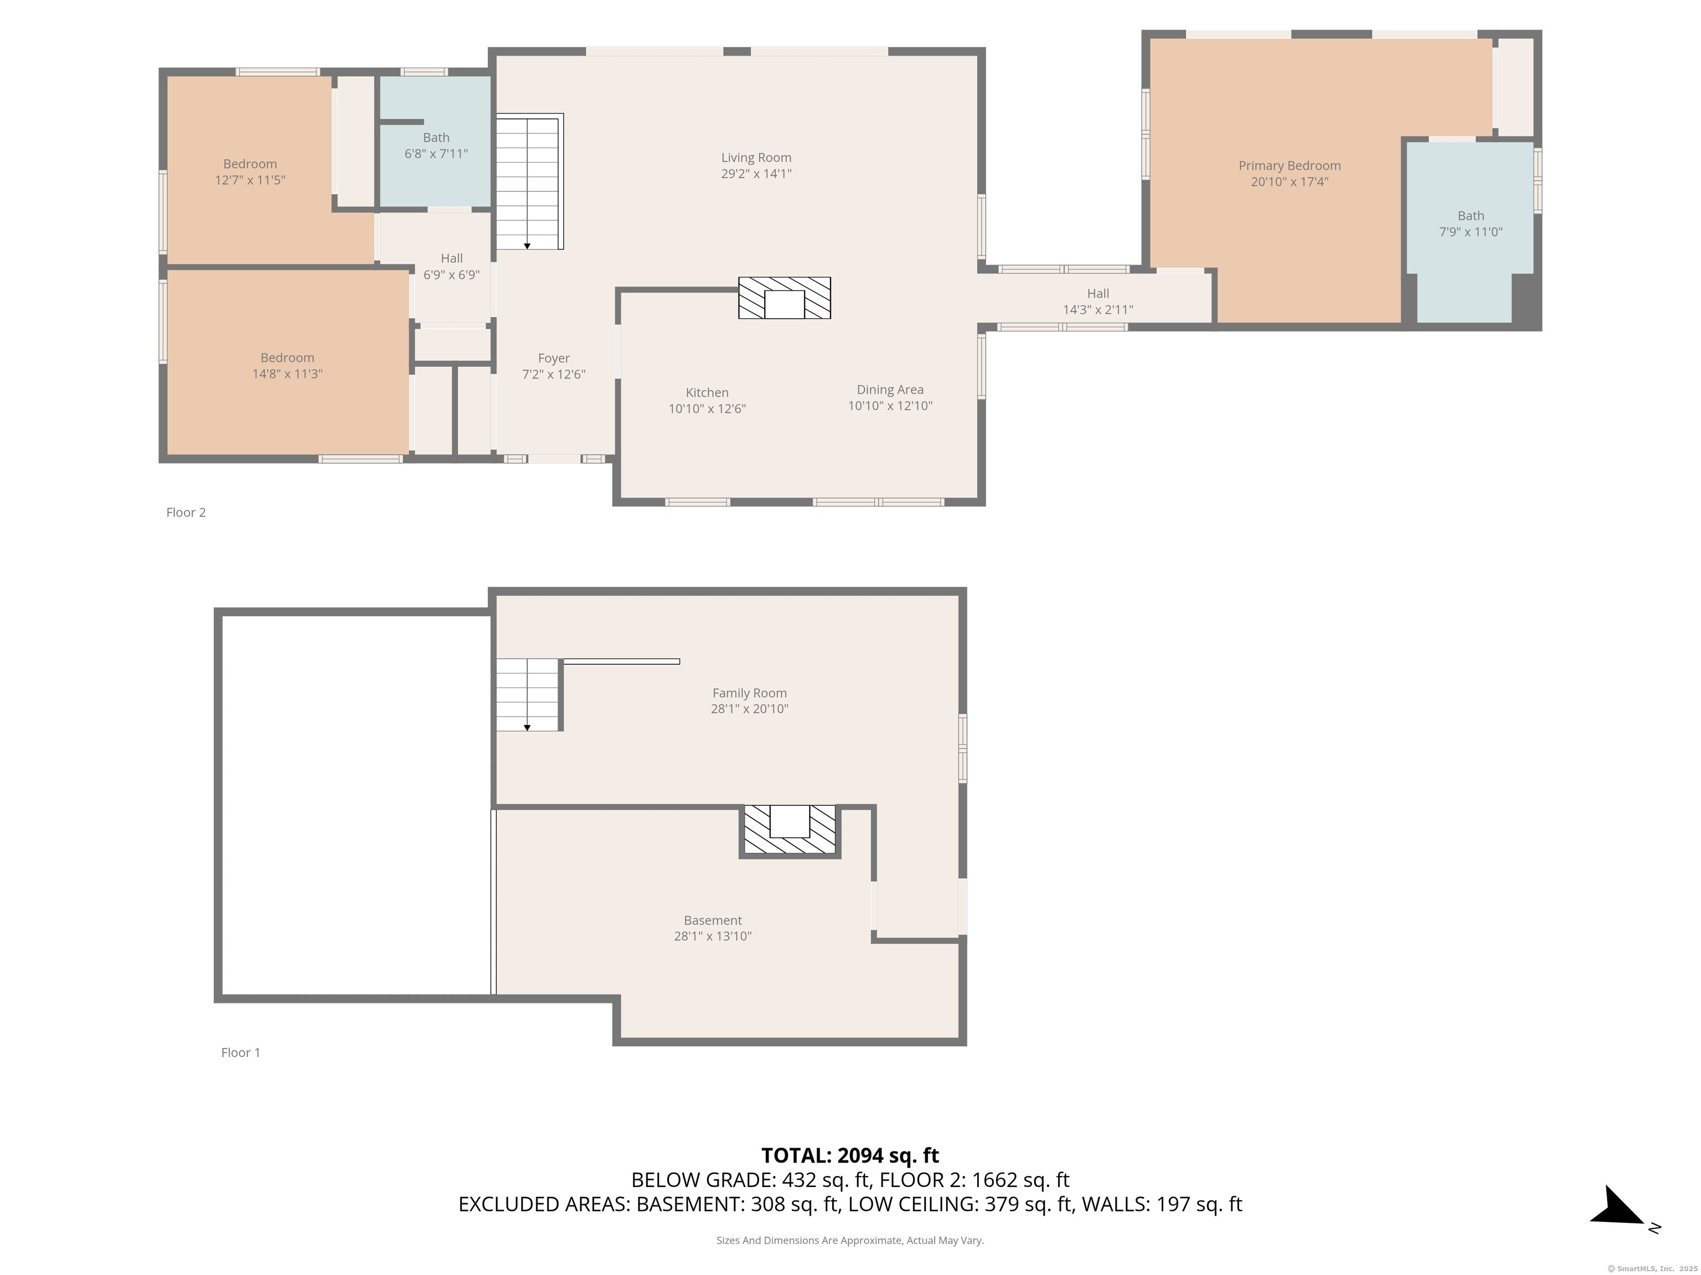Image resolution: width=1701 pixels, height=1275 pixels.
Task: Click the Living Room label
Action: pyautogui.click(x=756, y=158)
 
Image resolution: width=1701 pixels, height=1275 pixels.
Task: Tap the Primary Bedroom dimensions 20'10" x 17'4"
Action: pyautogui.click(x=1289, y=182)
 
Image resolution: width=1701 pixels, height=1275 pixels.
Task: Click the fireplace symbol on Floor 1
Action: pyautogui.click(x=790, y=830)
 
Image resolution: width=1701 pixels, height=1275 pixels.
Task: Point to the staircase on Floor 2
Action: pyautogui.click(x=528, y=182)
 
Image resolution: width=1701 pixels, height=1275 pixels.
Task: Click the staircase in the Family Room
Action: pyautogui.click(x=528, y=694)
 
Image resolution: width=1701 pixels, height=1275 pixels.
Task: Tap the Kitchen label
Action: pyautogui.click(x=707, y=393)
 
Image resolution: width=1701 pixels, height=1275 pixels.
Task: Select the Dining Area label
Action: pyautogui.click(x=890, y=390)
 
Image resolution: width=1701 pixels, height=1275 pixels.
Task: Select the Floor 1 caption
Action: pyautogui.click(x=241, y=1052)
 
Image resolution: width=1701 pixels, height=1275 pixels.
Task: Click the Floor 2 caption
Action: pyautogui.click(x=186, y=512)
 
